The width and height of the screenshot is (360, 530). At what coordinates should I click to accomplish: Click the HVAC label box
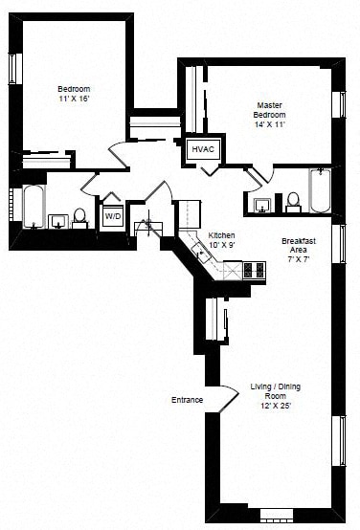pos(203,149)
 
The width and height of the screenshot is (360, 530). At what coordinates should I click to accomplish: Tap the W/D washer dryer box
pos(113,215)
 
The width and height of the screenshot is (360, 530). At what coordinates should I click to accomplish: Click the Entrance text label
pos(187,400)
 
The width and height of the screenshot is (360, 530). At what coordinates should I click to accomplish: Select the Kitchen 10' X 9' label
pos(221,240)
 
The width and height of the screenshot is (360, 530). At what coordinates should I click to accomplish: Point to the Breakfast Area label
pos(299,246)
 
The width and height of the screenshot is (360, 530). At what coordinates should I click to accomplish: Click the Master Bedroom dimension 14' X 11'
pos(270,124)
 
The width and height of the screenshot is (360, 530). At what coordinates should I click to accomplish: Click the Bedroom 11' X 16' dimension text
pos(74,99)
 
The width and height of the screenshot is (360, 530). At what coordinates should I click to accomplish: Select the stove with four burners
pos(254,270)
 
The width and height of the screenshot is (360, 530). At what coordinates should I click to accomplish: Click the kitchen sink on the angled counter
pos(201,253)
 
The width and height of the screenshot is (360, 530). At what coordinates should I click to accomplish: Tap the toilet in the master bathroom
pos(293,202)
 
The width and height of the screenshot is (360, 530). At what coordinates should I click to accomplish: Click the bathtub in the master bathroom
pos(320,190)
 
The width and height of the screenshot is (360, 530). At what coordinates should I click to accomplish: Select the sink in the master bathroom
pos(263,206)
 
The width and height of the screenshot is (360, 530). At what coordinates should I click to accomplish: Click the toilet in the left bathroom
pos(79,218)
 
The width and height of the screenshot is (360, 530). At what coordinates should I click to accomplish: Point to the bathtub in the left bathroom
pos(34,207)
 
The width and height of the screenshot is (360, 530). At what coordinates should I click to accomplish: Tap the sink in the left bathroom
pos(58,221)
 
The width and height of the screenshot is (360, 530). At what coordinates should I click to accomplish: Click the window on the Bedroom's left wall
pos(12,69)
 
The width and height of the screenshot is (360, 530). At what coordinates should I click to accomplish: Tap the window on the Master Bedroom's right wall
pos(340,104)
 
